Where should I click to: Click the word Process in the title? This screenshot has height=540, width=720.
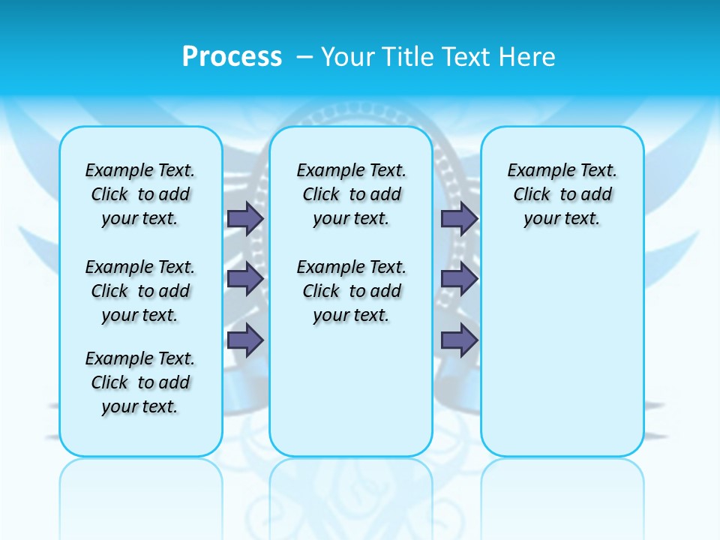(232, 56)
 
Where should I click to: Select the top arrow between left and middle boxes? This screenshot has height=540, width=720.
(245, 218)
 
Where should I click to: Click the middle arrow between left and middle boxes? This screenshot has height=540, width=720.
(245, 279)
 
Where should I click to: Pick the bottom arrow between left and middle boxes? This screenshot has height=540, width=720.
(245, 340)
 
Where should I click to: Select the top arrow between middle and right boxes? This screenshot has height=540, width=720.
(459, 218)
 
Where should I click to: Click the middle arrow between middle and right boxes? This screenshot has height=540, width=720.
(459, 279)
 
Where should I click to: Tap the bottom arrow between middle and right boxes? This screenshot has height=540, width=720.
(459, 340)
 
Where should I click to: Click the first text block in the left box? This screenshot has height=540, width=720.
(140, 194)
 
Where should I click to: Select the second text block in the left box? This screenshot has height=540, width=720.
(140, 291)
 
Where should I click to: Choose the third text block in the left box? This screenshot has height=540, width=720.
(140, 382)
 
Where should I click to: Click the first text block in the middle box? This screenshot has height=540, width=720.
(351, 194)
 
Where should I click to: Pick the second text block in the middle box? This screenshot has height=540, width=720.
(351, 291)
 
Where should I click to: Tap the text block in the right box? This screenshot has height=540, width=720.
(562, 194)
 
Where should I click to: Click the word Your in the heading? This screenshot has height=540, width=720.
(349, 56)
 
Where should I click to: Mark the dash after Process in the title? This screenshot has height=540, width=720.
(304, 57)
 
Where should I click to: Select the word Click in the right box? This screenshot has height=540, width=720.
(532, 195)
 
